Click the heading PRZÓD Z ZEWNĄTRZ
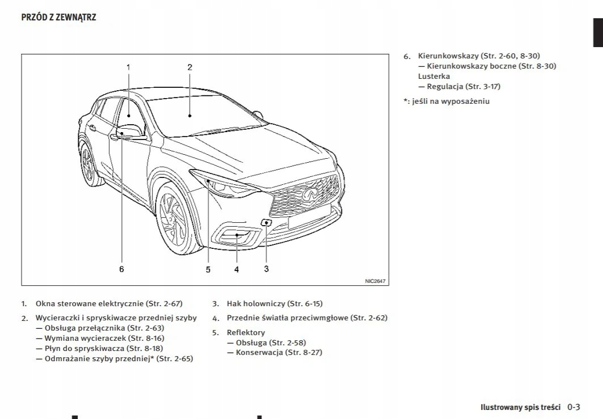[x=58, y=18]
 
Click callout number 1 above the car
[x=128, y=67]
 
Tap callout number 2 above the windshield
[x=190, y=67]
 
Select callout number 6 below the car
[x=121, y=269]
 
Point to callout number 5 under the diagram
[x=208, y=270]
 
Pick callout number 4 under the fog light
[x=237, y=270]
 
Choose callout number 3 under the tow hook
[x=266, y=269]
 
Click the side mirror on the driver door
[x=130, y=133]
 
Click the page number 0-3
[x=574, y=407]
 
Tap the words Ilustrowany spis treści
[x=520, y=408]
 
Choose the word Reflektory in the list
[x=246, y=332]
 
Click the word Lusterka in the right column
[x=434, y=76]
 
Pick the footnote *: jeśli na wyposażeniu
[x=446, y=101]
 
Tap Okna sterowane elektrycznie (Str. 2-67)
[x=109, y=304]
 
